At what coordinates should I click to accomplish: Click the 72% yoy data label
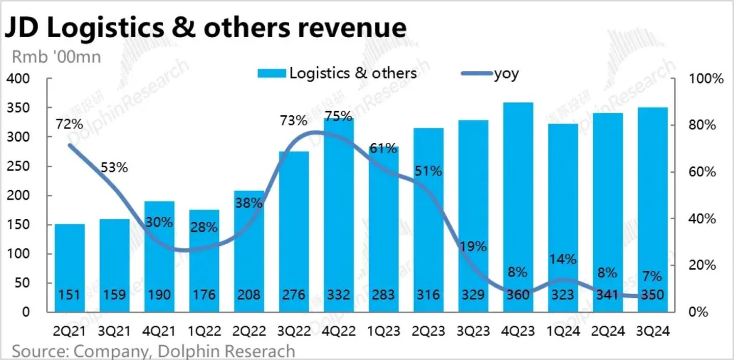coord(69,124)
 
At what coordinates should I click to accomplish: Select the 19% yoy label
coord(473,247)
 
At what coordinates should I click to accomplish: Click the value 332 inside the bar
coord(339,295)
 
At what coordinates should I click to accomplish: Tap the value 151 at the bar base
coord(69,295)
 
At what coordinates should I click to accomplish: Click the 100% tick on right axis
coord(706,80)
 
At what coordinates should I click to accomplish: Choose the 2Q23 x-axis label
coord(428,331)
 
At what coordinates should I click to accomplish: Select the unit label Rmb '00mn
coord(53,57)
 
